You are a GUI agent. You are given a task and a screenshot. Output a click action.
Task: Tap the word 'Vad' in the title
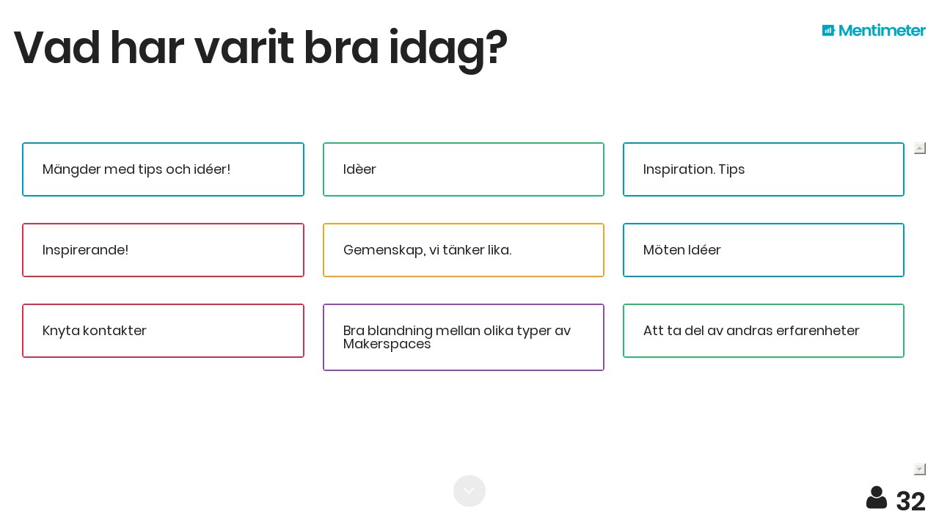(57, 48)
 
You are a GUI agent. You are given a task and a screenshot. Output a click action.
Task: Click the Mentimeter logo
(874, 31)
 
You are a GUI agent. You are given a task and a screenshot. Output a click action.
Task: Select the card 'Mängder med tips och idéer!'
(163, 169)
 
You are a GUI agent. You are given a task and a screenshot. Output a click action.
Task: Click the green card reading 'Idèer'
(463, 169)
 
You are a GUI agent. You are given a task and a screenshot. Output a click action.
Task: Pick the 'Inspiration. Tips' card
(764, 169)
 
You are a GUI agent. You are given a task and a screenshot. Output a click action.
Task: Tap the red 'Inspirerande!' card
(163, 250)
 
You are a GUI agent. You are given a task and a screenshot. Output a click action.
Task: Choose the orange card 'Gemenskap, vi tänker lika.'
(463, 250)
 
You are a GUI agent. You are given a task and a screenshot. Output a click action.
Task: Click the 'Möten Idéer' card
(764, 250)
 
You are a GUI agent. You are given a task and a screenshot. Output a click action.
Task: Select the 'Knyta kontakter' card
(163, 331)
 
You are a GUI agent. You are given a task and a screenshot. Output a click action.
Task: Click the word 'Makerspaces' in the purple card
(387, 344)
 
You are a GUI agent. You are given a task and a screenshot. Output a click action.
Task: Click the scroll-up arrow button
(920, 148)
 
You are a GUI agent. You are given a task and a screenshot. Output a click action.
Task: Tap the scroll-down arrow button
(920, 469)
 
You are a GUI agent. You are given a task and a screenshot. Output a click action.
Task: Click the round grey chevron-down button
(469, 491)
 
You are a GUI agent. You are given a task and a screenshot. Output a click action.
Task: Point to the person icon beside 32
(877, 498)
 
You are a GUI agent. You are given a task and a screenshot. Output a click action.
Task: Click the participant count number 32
(910, 501)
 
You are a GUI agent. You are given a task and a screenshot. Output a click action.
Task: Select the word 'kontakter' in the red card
(114, 331)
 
